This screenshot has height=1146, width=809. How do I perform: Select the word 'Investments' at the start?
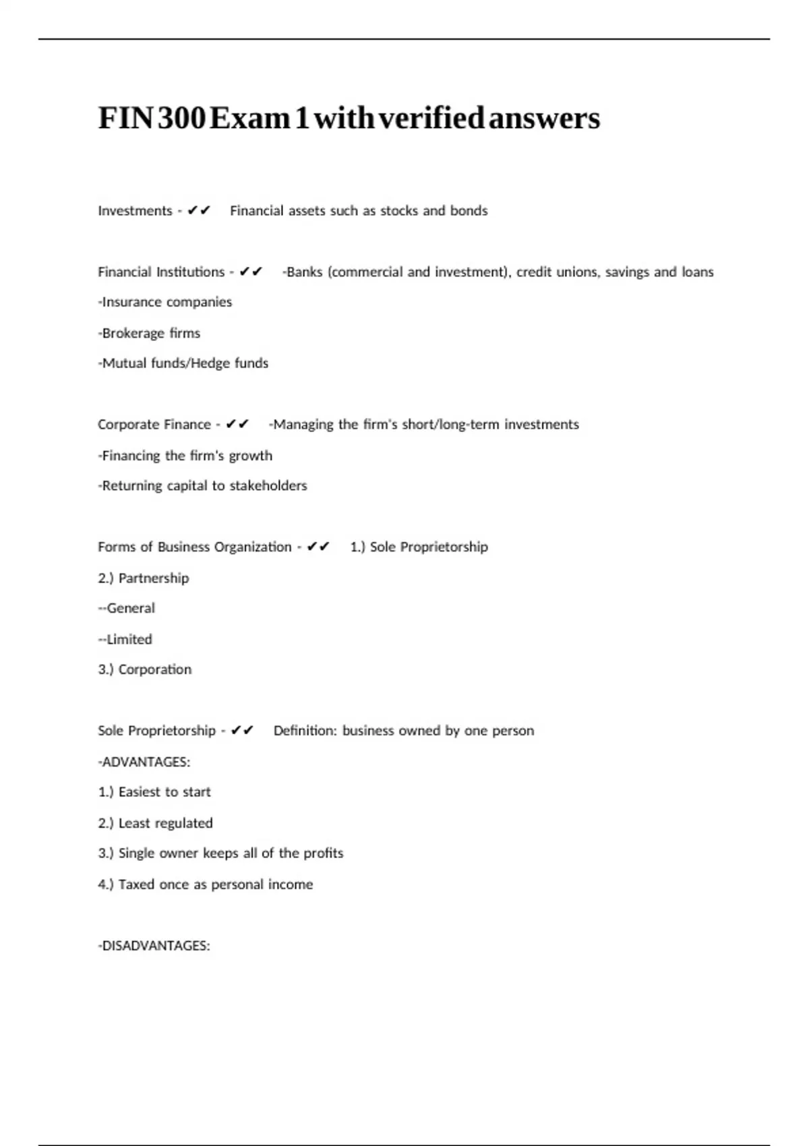pos(135,211)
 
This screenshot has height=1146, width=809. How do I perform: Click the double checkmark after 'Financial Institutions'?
pos(251,272)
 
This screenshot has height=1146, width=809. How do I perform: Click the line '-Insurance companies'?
pos(165,302)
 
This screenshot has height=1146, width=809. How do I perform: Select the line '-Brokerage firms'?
pos(149,333)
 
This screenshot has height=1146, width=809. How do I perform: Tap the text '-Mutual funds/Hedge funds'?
pos(183,363)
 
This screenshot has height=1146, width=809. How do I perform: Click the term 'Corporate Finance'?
pos(154,425)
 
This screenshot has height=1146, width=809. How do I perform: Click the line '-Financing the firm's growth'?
pos(185,456)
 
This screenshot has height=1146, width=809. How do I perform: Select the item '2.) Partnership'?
pos(144,578)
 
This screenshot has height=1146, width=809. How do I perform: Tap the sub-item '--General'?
pos(127,608)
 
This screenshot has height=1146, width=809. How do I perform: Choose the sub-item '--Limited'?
pos(125,639)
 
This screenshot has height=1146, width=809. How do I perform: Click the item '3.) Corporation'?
pos(145,669)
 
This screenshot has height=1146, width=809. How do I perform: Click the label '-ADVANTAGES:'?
pos(144,762)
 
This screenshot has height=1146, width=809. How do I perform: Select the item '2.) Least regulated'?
pos(156,823)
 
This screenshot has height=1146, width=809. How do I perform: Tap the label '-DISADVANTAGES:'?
pos(154,946)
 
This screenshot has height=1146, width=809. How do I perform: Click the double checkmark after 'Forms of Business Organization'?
pos(318,547)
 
